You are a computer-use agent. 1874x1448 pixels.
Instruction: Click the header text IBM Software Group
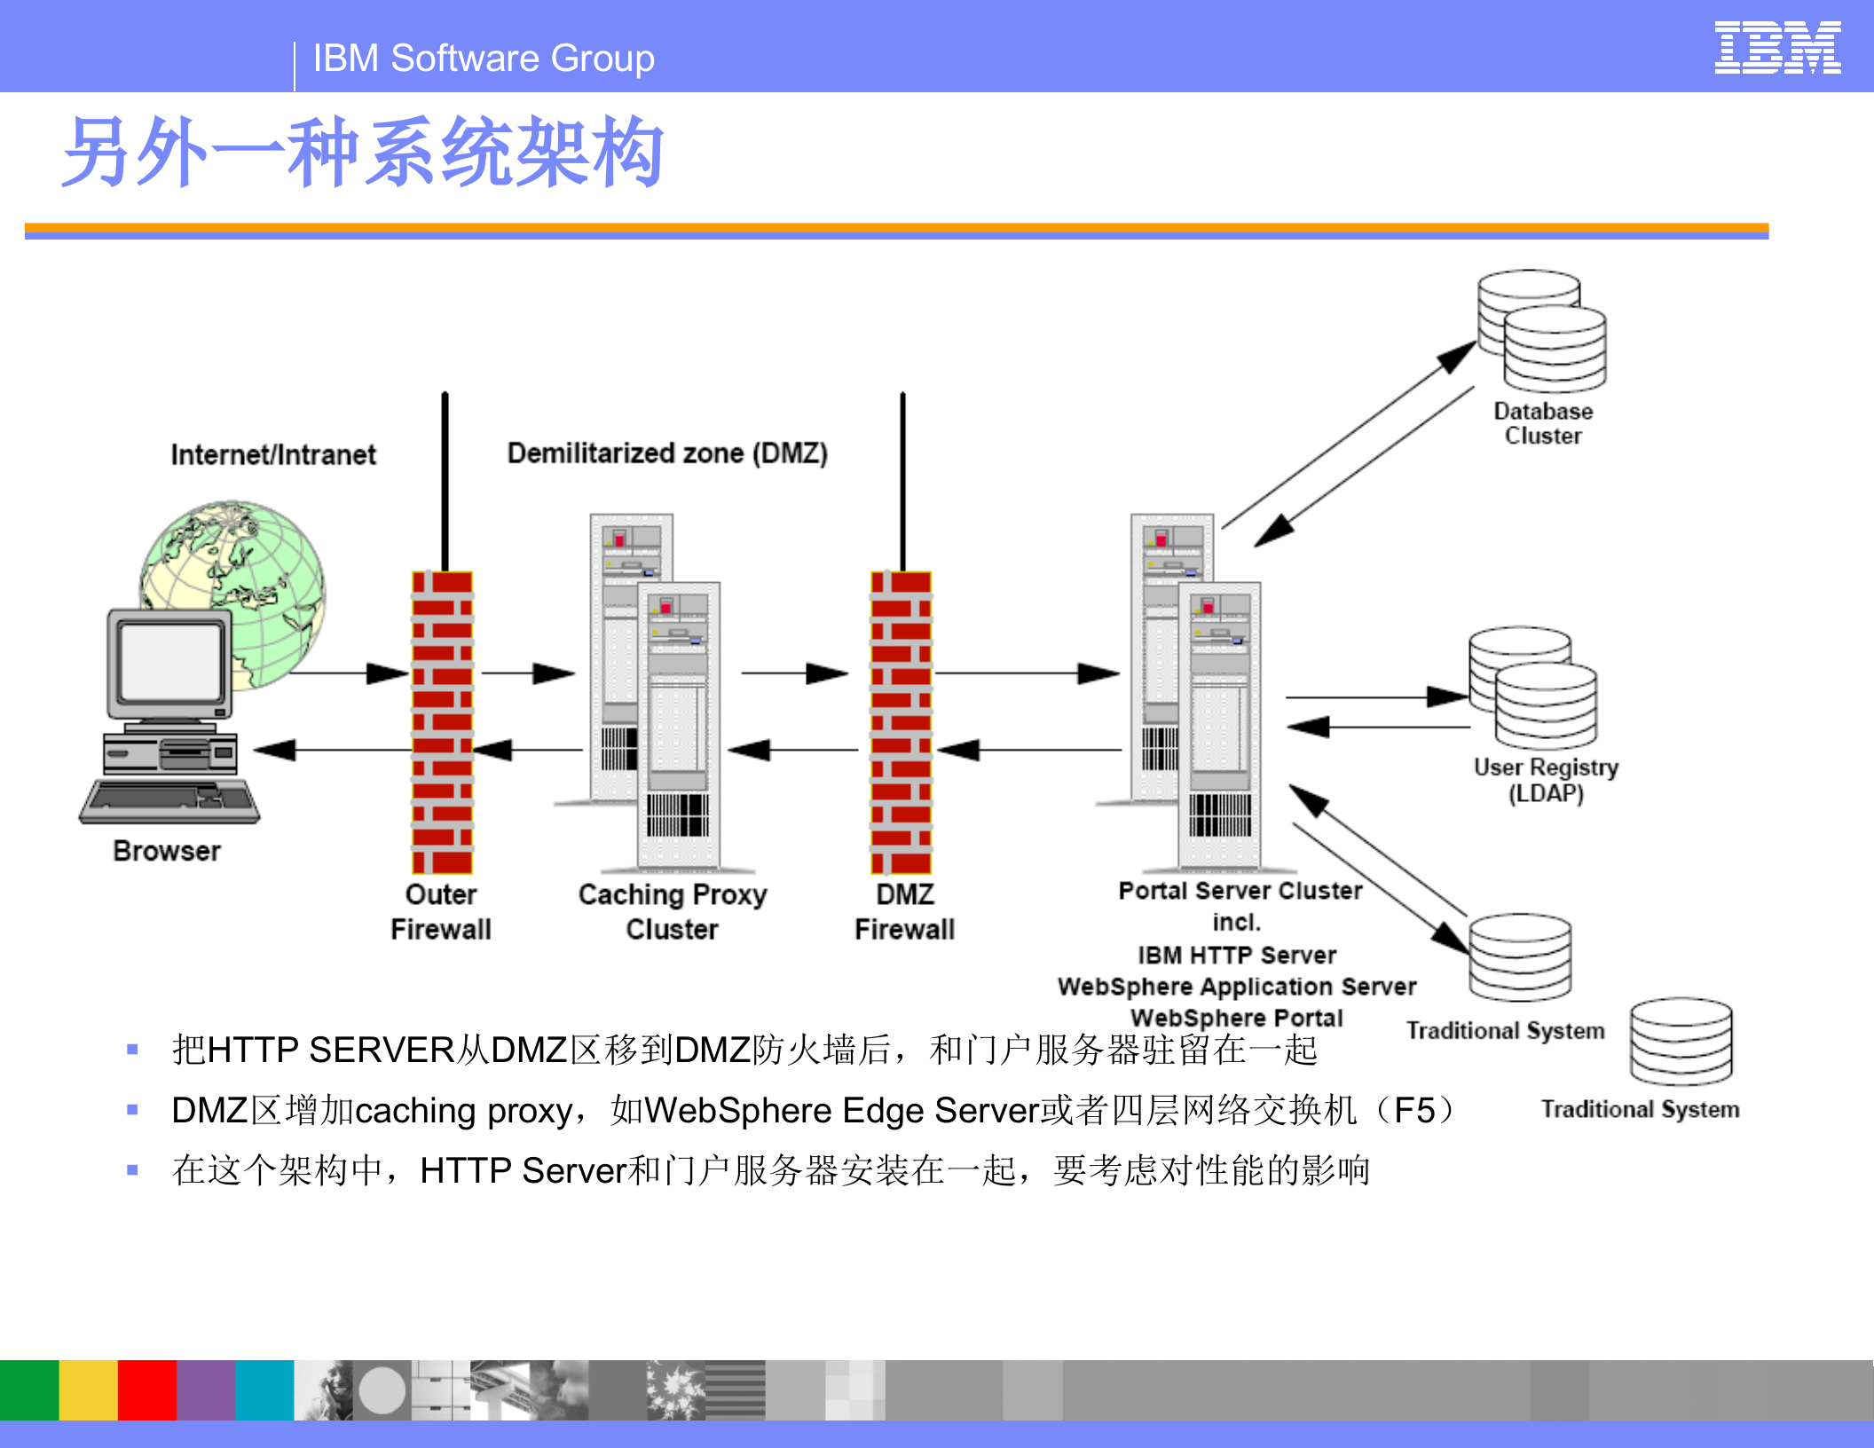coord(484,59)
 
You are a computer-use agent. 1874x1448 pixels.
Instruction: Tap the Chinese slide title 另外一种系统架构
coord(363,153)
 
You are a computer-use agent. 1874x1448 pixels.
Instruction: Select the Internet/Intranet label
coord(273,454)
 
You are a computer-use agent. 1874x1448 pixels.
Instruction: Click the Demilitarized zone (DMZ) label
coord(667,452)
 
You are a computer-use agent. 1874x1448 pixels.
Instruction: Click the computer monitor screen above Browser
coord(170,662)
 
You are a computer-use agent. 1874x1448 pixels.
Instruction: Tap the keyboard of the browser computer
coord(169,799)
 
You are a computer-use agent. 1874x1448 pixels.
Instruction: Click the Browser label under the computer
coord(167,851)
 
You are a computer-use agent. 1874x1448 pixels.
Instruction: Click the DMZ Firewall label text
coord(904,911)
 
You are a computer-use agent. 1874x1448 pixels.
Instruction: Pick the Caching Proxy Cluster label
coord(672,911)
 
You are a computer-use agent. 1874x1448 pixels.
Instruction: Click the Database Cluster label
coord(1543,423)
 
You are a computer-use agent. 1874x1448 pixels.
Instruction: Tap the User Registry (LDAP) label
coord(1546,779)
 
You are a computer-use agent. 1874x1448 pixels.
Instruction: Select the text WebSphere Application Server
coord(1236,986)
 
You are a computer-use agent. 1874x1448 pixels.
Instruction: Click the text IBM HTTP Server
coord(1236,955)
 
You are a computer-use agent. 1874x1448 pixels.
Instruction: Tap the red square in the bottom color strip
coord(146,1389)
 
